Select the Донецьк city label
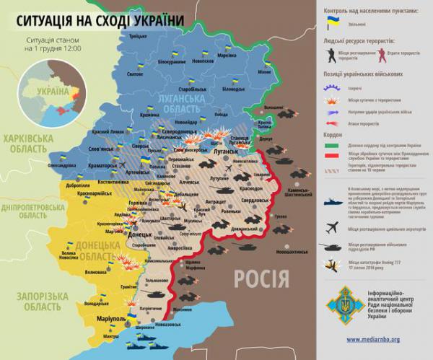click(x=139, y=236)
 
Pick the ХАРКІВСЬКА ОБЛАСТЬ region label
click(x=28, y=144)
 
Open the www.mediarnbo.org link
click(x=373, y=339)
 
